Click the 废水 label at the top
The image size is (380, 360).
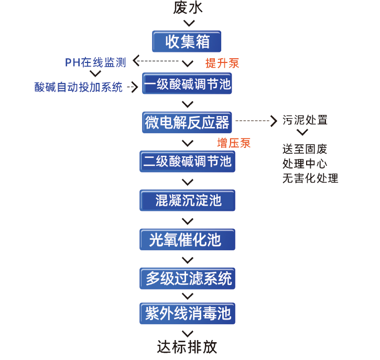coord(187,8)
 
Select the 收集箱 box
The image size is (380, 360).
coord(187,41)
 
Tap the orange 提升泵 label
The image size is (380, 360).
coord(222,63)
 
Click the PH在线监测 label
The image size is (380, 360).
coord(95,63)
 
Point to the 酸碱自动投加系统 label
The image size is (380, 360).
coord(79,87)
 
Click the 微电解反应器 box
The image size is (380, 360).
coord(187,122)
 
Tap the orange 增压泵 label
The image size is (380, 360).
coord(234,143)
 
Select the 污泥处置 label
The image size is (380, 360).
coord(305,120)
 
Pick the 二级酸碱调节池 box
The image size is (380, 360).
coord(187,161)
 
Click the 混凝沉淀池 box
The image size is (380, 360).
coord(187,200)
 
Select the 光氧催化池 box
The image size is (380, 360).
coord(187,240)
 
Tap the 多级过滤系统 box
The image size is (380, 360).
coord(187,278)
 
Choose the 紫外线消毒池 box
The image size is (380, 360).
coord(187,314)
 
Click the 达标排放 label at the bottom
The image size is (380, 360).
coord(187,347)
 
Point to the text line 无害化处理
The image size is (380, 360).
coord(310,178)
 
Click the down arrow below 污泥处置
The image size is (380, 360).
coord(302,133)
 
